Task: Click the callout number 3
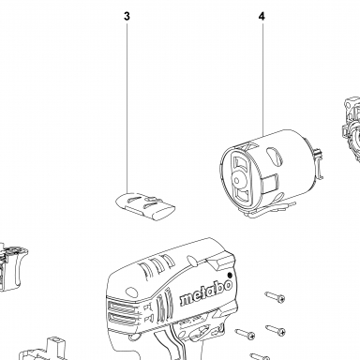(x=127, y=16)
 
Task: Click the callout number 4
(x=262, y=16)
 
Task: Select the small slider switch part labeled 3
(x=145, y=206)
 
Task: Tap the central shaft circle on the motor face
(x=237, y=180)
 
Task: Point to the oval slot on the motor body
(x=276, y=157)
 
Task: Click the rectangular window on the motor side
(x=270, y=184)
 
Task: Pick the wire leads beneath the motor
(x=269, y=208)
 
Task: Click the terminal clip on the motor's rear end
(x=318, y=163)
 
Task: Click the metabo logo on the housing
(x=206, y=293)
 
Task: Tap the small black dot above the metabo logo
(x=231, y=275)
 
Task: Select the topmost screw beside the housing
(x=275, y=296)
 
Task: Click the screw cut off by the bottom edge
(x=260, y=356)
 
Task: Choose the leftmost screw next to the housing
(x=245, y=334)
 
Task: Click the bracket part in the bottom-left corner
(x=44, y=351)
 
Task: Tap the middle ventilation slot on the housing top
(x=157, y=262)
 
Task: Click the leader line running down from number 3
(x=127, y=107)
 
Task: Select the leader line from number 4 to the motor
(x=262, y=79)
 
